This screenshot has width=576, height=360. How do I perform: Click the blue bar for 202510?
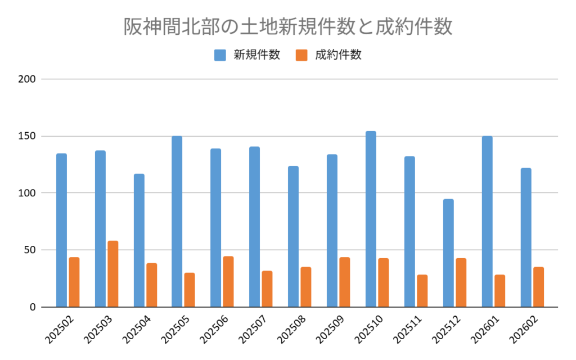click(371, 219)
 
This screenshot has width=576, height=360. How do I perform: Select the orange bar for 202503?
click(113, 274)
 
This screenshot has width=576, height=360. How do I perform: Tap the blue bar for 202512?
click(448, 253)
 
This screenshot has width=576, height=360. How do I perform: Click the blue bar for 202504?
click(139, 241)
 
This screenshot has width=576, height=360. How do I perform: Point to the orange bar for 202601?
click(499, 291)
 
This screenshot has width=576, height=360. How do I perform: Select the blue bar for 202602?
click(525, 237)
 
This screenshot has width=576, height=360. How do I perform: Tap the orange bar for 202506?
click(228, 282)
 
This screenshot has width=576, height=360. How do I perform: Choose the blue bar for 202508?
click(293, 237)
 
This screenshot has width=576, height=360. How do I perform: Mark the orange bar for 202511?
click(422, 291)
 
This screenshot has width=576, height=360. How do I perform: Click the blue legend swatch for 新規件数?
click(220, 55)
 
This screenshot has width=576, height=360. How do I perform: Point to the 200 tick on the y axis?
click(28, 79)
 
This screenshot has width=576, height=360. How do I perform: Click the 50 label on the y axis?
click(30, 250)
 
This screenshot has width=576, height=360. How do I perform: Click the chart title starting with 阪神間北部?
click(287, 26)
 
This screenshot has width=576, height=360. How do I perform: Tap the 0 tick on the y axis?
click(33, 307)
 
